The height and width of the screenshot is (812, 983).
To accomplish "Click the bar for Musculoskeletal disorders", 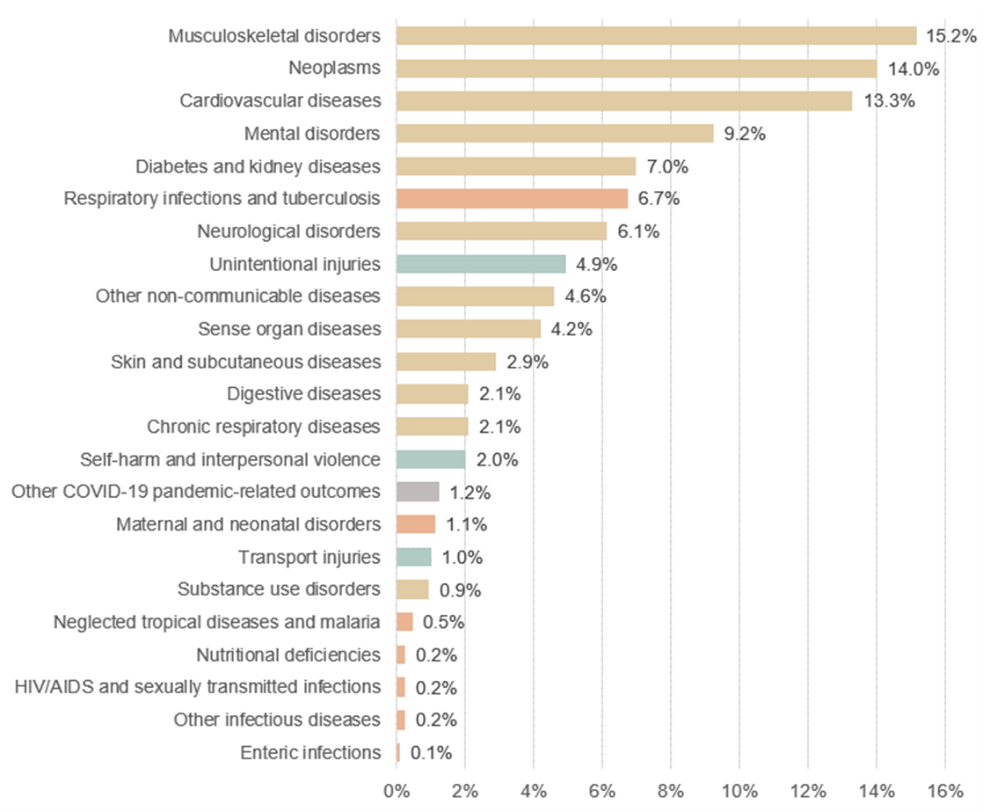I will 656,36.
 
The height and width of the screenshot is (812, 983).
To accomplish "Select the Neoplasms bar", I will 636,69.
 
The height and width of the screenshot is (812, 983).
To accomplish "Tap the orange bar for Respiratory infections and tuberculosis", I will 512,198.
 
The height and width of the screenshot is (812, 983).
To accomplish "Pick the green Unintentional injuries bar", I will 481,264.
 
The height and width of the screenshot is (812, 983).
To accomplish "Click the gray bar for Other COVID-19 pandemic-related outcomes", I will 418,491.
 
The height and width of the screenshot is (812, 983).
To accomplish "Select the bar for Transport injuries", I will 414,557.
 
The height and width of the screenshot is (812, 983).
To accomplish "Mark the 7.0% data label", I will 668,166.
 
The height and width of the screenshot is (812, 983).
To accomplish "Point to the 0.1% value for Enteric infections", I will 432,752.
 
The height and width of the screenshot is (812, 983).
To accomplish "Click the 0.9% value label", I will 459,589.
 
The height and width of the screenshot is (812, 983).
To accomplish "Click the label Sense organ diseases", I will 289,329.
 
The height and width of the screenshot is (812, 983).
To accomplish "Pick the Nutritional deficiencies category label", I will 288,655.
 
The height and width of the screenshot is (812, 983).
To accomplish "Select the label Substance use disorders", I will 279,589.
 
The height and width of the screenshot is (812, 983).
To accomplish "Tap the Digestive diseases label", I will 303,393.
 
